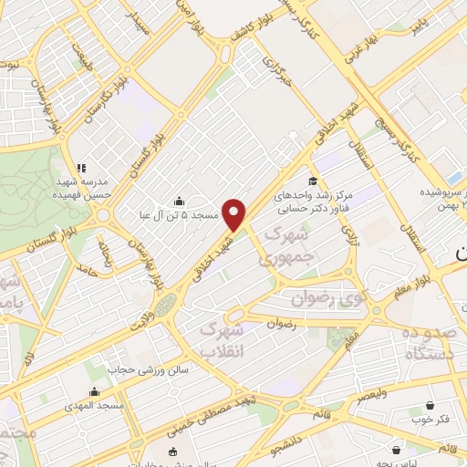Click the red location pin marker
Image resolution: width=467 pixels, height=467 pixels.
pyautogui.click(x=235, y=214)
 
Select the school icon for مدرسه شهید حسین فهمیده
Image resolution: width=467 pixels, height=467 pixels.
pyautogui.click(x=81, y=169)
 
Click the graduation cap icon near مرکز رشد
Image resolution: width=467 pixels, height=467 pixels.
pyautogui.click(x=314, y=180)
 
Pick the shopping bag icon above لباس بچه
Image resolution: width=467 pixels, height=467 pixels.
pyautogui.click(x=397, y=450)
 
